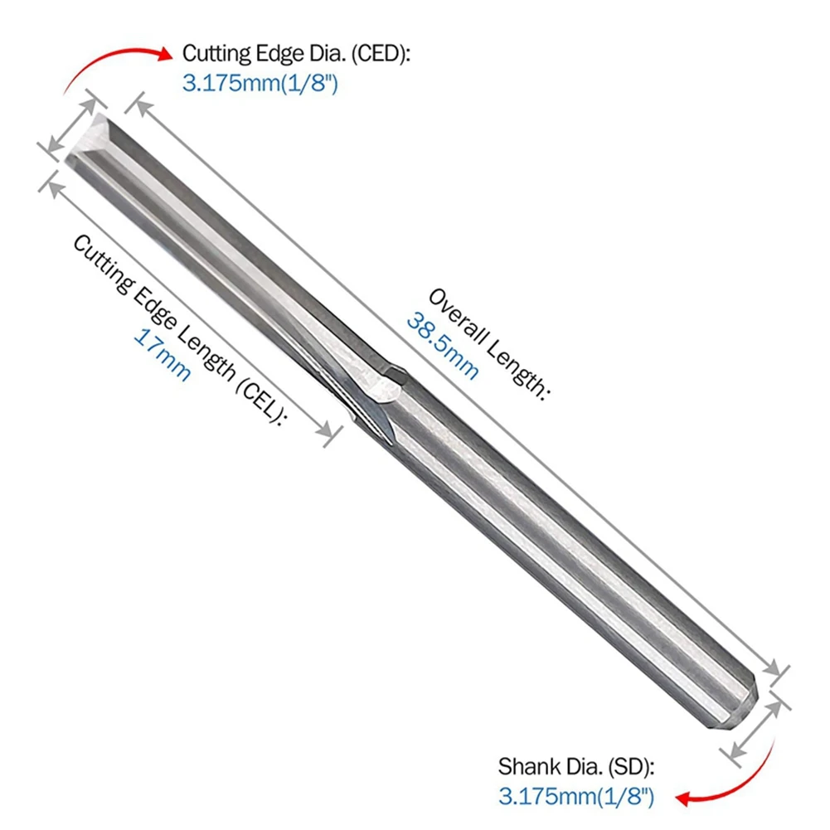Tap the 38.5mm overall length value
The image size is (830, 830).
click(x=443, y=344)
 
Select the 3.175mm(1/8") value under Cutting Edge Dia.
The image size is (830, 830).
click(x=260, y=85)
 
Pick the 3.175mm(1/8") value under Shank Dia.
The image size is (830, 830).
click(x=576, y=798)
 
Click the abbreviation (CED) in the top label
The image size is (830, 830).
click(x=377, y=55)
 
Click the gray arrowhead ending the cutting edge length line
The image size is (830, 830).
click(x=329, y=432)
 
